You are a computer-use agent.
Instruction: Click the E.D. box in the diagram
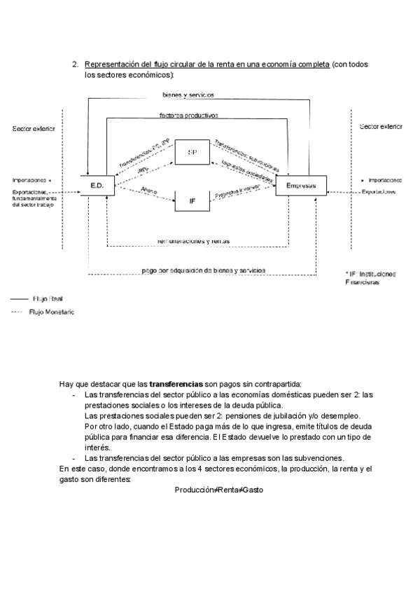point(98,185)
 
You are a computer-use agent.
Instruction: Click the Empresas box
point(301,186)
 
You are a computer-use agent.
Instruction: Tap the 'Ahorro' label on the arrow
point(148,189)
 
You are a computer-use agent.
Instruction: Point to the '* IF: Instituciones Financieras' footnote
point(370,277)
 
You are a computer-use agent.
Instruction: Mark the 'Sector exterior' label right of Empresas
point(381,127)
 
